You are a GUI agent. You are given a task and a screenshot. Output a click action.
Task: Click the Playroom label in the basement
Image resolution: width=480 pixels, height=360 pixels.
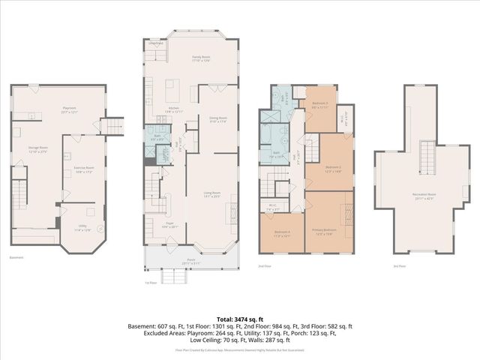pos(69,110)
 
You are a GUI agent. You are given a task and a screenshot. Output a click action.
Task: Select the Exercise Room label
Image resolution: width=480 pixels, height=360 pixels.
pos(85,169)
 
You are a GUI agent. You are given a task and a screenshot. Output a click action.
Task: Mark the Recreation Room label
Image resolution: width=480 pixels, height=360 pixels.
pos(424,196)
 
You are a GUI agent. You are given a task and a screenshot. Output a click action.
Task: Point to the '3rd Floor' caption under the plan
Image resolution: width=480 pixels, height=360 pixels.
pos(400,266)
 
